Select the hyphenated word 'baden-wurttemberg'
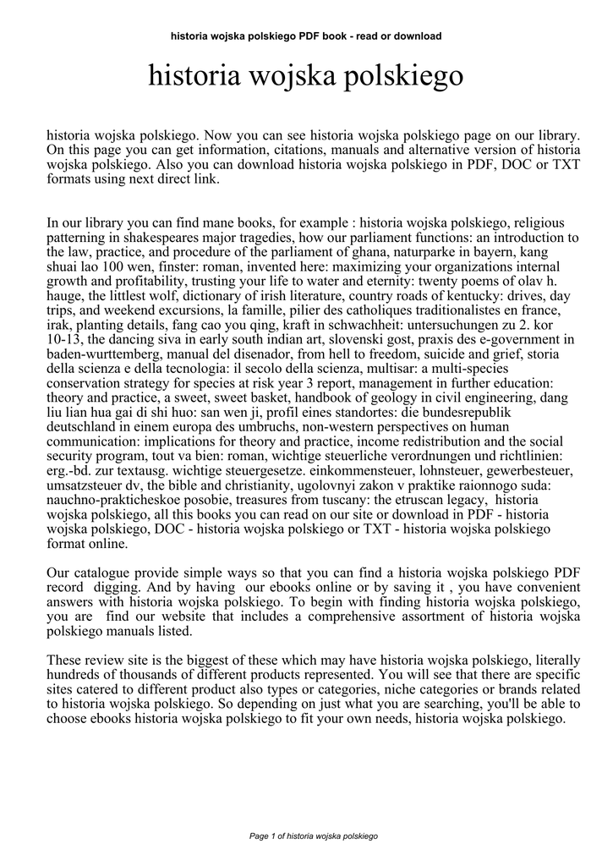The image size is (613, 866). click(x=104, y=354)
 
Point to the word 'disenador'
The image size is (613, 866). click(x=276, y=354)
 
